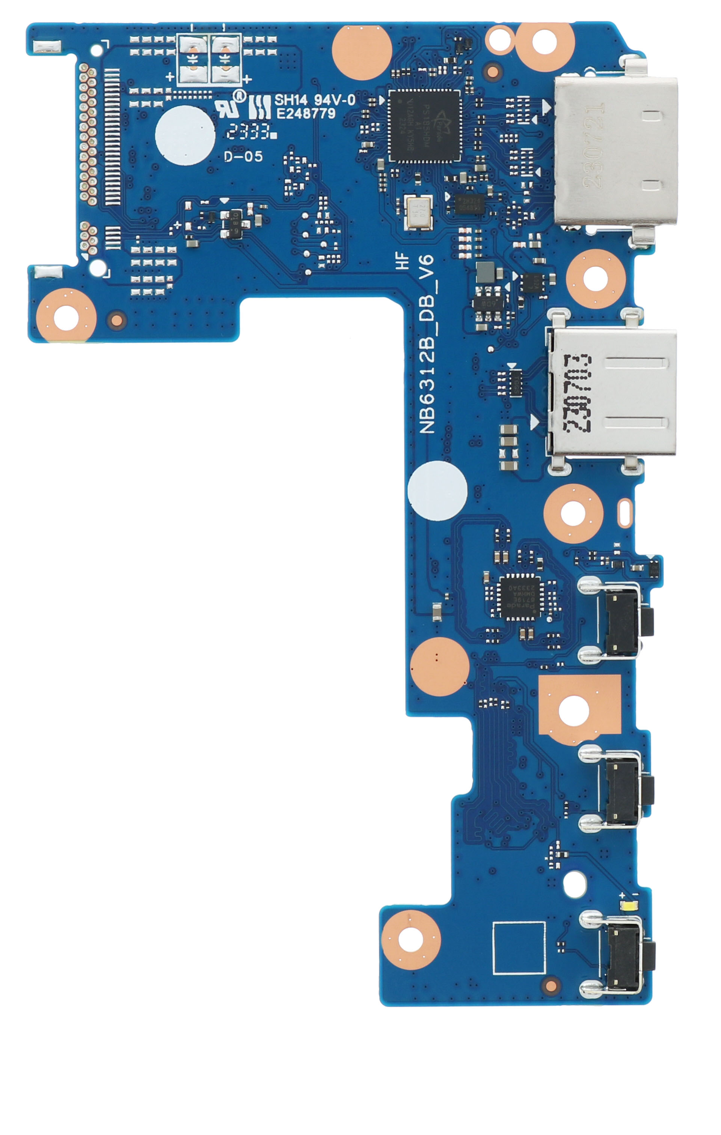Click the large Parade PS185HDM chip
(x=424, y=126)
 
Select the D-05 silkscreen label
(x=243, y=156)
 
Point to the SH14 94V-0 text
(x=315, y=99)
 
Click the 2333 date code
(x=249, y=131)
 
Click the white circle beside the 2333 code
(x=185, y=135)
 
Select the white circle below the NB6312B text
(x=437, y=491)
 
